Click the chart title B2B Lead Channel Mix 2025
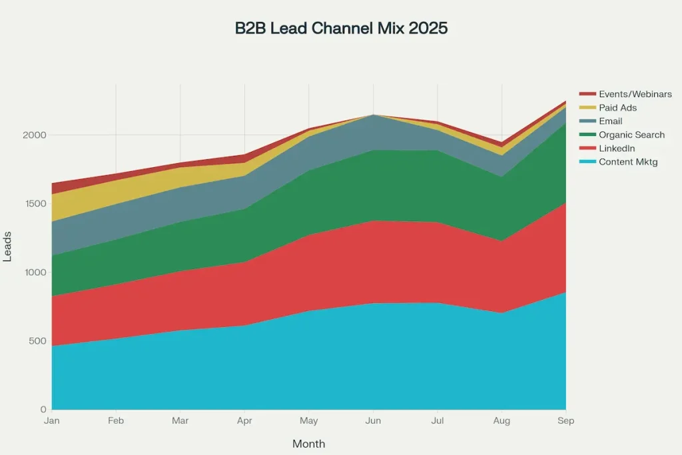click(341, 29)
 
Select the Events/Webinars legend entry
click(635, 94)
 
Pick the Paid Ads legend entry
click(617, 108)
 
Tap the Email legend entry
click(610, 121)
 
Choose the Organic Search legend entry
click(631, 135)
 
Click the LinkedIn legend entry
click(617, 149)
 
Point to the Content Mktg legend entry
click(628, 162)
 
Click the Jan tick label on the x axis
click(51, 421)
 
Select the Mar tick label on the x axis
click(180, 421)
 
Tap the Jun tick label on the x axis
click(373, 421)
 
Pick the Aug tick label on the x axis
click(502, 421)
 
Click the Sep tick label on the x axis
click(566, 421)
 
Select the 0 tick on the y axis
click(43, 410)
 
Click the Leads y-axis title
click(8, 246)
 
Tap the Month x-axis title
click(308, 444)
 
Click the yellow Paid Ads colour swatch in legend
click(587, 108)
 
